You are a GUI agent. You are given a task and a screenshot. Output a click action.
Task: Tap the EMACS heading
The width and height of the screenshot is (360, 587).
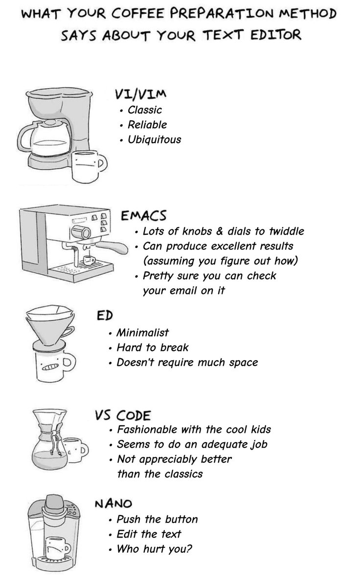coord(144,215)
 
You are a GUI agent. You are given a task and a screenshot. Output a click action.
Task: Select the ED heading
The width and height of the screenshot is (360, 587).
coord(105,316)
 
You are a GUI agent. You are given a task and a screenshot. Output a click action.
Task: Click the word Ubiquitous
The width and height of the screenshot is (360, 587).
coord(154,139)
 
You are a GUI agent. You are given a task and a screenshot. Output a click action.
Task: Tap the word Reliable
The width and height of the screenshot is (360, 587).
coord(147,125)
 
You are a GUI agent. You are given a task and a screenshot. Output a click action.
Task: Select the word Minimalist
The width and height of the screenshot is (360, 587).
coord(142,333)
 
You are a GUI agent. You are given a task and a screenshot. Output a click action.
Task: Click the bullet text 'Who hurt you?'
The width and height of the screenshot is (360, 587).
coord(154,549)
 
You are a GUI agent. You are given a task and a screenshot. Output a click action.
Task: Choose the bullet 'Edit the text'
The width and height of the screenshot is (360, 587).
coord(149,534)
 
